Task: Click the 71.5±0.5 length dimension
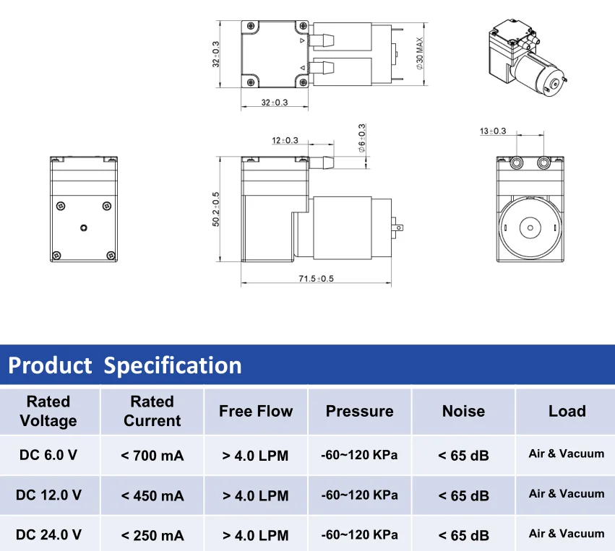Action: click(316, 279)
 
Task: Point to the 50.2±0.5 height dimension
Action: click(216, 209)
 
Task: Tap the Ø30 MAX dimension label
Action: click(420, 53)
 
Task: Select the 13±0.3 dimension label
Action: click(493, 131)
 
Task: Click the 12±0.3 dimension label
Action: click(285, 140)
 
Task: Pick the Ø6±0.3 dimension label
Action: click(361, 138)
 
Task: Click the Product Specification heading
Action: click(125, 365)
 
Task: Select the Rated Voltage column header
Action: click(48, 411)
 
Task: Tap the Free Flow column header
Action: click(256, 411)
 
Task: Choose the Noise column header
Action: click(463, 411)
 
